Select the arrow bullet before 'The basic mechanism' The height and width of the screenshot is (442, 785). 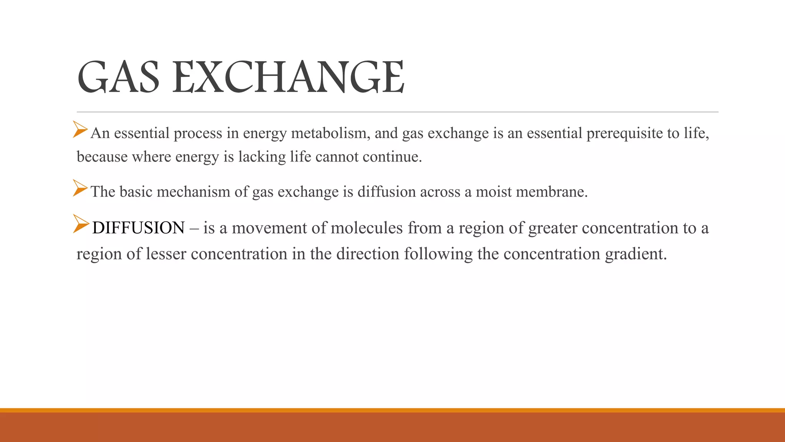click(x=80, y=188)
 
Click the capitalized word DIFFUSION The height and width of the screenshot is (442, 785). click(x=138, y=228)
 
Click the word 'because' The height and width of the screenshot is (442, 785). click(x=102, y=157)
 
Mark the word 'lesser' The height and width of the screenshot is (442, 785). click(x=166, y=254)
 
